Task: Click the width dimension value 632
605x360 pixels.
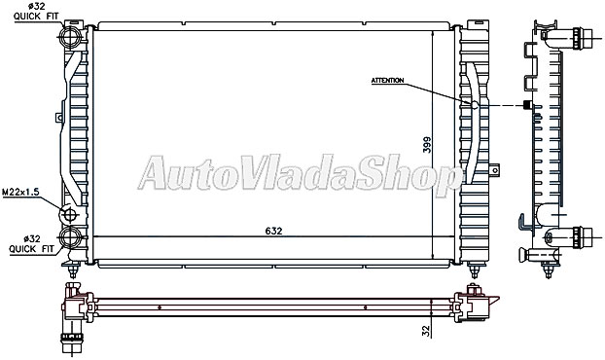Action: tap(274, 231)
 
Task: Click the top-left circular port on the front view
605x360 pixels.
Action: tap(70, 38)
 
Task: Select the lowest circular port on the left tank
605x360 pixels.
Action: tap(70, 237)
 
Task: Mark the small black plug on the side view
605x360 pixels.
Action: tap(527, 104)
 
